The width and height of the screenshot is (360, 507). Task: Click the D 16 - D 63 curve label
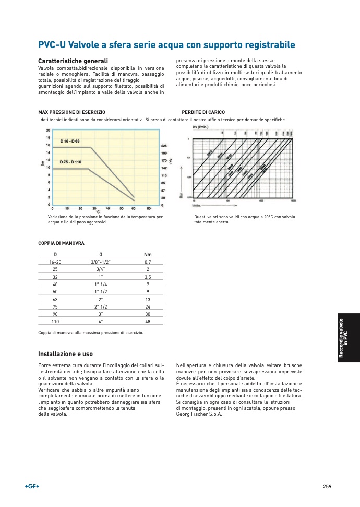(x=70, y=142)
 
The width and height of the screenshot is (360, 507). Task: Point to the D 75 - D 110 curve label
(x=71, y=162)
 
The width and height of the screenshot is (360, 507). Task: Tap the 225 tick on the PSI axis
(x=164, y=146)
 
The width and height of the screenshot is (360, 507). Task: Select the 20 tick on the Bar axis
(x=48, y=130)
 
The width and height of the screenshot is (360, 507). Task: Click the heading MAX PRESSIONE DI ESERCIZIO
(x=72, y=112)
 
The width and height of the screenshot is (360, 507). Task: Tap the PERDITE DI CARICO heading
(x=203, y=112)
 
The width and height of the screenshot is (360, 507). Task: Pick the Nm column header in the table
(x=148, y=254)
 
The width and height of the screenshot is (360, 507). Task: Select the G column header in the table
(x=101, y=254)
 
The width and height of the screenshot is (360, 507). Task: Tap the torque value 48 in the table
(x=148, y=322)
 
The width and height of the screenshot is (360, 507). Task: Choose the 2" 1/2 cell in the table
(x=101, y=307)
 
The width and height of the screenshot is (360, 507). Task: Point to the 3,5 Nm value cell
(x=148, y=277)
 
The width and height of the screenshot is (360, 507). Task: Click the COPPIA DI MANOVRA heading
(x=61, y=243)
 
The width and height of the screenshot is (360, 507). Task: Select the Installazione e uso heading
(x=65, y=354)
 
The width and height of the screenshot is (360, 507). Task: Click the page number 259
(x=327, y=486)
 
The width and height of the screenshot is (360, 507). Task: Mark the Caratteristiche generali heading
(x=73, y=61)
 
